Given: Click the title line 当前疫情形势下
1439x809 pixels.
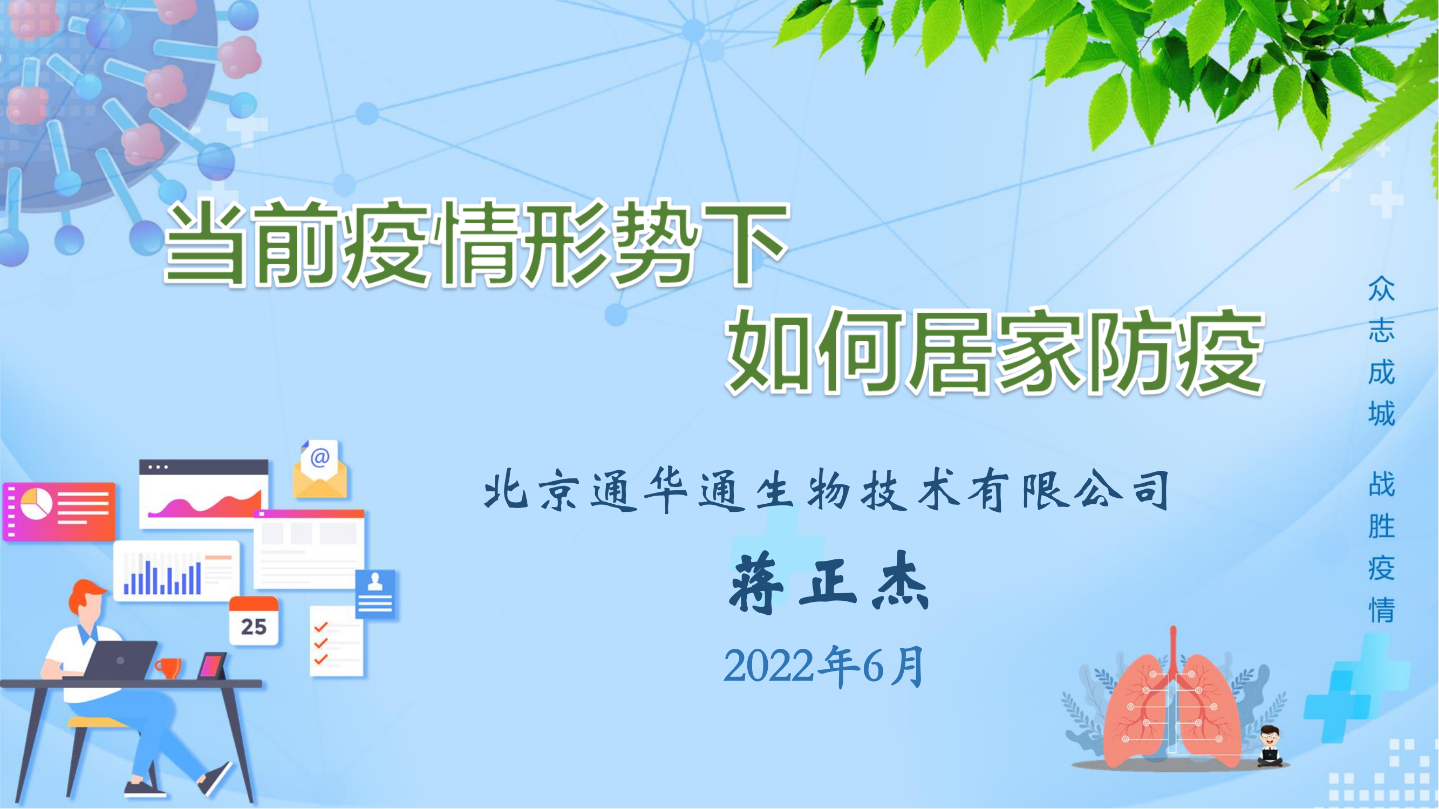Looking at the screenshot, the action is pos(476,244).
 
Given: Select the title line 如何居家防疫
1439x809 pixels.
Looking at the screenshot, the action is pos(995,351).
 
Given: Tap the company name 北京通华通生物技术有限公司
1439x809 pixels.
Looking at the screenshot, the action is pos(826,491).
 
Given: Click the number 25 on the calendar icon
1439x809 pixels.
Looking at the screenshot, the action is pos(254,626).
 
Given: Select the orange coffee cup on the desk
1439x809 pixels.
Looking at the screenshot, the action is pos(168,668).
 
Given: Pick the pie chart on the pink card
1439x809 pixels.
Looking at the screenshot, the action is pos(36,503).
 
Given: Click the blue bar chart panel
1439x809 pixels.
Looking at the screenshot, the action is pos(176,571).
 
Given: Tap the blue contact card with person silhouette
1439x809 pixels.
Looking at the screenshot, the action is pos(376,593).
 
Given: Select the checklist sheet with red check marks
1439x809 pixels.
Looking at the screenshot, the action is pos(336,641).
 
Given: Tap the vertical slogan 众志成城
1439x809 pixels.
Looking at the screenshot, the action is pos(1381,351).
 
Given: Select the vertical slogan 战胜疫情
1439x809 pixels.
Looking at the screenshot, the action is pos(1381,547).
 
